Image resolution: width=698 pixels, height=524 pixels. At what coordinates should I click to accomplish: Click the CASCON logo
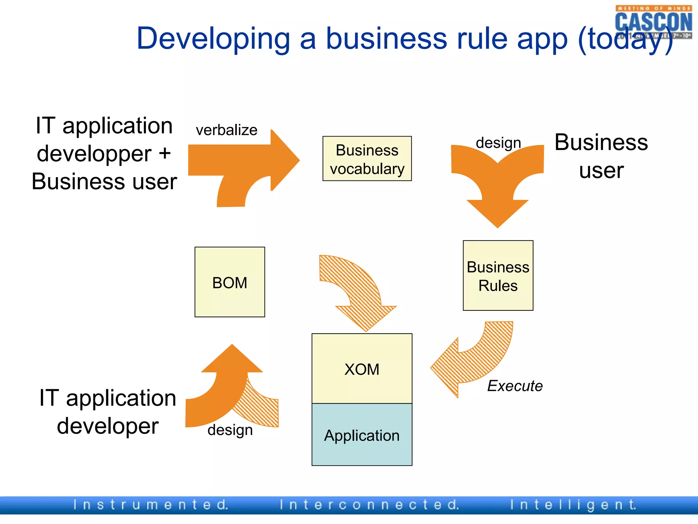[x=653, y=21]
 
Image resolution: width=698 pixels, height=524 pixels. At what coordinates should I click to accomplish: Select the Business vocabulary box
[x=367, y=159]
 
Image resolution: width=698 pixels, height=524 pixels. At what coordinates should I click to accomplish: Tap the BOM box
[x=230, y=282]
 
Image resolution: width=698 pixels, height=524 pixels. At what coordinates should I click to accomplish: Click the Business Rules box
[x=498, y=276]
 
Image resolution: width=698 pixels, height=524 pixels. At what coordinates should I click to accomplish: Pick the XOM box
[x=362, y=369]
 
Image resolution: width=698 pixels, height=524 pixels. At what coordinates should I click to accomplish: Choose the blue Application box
[x=362, y=435]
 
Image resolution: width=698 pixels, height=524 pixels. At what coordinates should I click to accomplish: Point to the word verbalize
[x=226, y=130]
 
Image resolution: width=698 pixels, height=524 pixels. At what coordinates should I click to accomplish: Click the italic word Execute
[x=515, y=386]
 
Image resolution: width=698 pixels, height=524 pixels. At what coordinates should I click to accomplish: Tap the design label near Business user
[x=498, y=143]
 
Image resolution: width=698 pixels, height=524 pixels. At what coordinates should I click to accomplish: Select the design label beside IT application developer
[x=230, y=430]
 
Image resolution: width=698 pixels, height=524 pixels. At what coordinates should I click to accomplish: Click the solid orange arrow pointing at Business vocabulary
[x=245, y=160]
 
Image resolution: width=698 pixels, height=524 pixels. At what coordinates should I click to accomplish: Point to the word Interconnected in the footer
[x=369, y=505]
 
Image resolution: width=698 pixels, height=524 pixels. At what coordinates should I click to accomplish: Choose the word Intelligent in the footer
[x=573, y=505]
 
